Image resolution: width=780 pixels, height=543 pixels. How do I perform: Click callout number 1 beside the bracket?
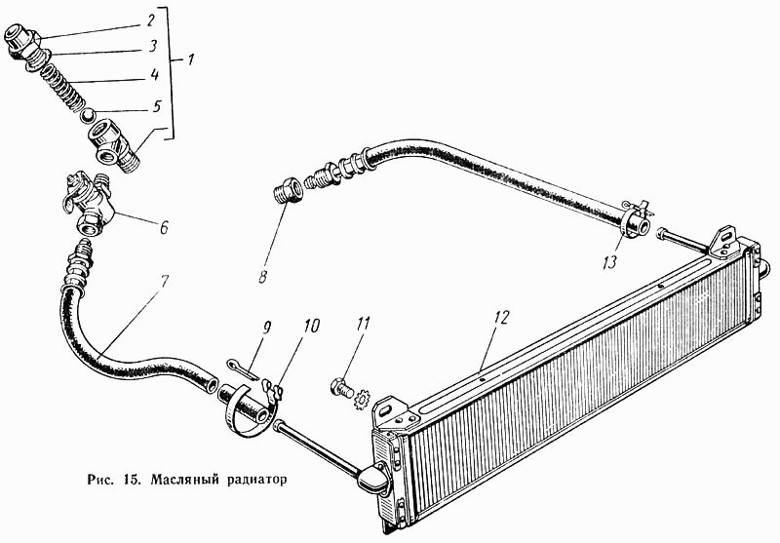pos(190,60)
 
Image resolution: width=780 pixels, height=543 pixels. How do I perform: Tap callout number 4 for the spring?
pos(155,75)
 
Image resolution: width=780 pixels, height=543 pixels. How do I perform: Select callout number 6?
pos(163,227)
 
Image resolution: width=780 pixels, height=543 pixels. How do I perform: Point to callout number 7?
pos(163,282)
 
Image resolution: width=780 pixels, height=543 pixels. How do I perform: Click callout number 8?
pos(262,276)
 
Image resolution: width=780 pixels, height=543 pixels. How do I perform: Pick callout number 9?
pos(266,328)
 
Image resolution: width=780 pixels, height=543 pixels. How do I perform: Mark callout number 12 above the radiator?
pos(502,317)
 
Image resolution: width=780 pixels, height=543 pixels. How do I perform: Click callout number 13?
pos(610,261)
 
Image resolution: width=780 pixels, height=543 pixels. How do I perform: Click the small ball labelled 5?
pos(88,116)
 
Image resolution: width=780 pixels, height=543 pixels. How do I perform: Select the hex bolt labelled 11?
pos(340,386)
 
